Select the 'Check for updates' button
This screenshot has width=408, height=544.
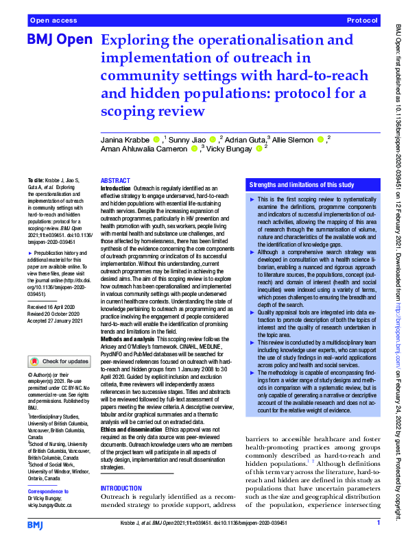click(x=58, y=361)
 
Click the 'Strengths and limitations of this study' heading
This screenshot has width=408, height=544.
click(x=302, y=185)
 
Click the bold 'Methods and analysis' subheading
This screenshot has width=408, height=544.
click(x=128, y=339)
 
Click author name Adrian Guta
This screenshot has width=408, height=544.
click(x=245, y=140)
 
